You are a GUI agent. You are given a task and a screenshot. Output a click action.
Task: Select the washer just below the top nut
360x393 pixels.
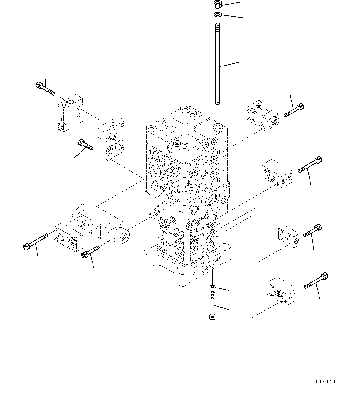point(218,14)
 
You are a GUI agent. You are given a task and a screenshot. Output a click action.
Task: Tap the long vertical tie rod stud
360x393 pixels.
point(218,65)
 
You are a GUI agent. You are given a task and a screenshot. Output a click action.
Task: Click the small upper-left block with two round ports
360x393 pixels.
point(69,113)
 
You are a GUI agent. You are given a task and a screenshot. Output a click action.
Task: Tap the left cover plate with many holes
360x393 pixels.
point(111,139)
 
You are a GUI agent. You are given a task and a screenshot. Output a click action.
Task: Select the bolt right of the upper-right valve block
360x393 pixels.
point(294,111)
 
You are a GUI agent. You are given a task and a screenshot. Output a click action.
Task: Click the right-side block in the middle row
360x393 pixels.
point(276,173)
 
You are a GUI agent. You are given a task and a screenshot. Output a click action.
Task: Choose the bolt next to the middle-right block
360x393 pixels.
point(310,165)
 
